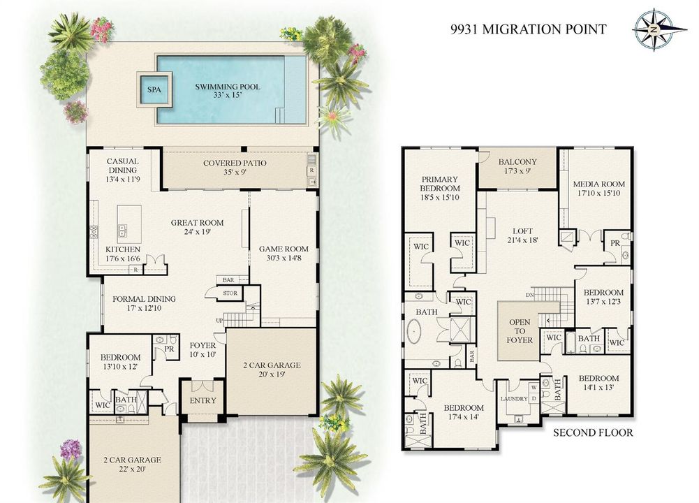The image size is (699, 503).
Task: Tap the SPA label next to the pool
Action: (x=154, y=89)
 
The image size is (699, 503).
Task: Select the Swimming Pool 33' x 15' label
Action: (x=228, y=91)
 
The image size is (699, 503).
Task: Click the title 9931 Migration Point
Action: (x=528, y=29)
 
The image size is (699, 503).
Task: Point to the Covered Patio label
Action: (x=235, y=167)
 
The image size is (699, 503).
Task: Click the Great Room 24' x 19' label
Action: (x=197, y=227)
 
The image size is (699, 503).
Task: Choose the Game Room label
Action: (x=284, y=254)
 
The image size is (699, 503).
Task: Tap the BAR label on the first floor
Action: (x=228, y=280)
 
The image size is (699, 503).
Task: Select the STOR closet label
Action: (x=230, y=293)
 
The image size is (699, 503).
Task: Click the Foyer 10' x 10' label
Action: (x=203, y=350)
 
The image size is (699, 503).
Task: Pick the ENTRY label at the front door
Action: (x=203, y=400)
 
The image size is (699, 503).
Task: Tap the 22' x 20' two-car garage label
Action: (x=133, y=464)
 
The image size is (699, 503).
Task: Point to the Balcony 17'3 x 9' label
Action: (x=517, y=166)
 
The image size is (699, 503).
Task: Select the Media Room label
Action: (x=598, y=188)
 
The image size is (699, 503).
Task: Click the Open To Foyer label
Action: (x=520, y=331)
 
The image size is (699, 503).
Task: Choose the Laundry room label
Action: (x=514, y=399)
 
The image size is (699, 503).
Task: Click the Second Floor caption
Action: (x=593, y=432)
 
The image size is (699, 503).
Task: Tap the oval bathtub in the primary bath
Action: (x=415, y=333)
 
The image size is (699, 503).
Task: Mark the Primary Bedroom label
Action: (x=439, y=188)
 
